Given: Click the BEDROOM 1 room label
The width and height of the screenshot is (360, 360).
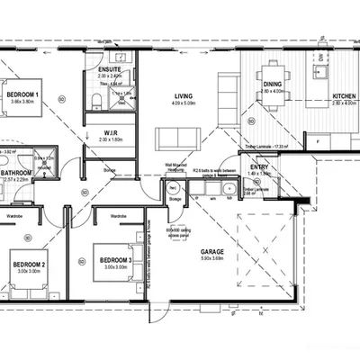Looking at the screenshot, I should click(x=22, y=94).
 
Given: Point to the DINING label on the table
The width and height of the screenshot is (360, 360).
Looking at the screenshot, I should click(x=272, y=84).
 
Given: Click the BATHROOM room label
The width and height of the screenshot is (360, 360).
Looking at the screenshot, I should click(x=16, y=172).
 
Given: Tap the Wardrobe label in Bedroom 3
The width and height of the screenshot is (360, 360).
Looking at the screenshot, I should click(x=117, y=216).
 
